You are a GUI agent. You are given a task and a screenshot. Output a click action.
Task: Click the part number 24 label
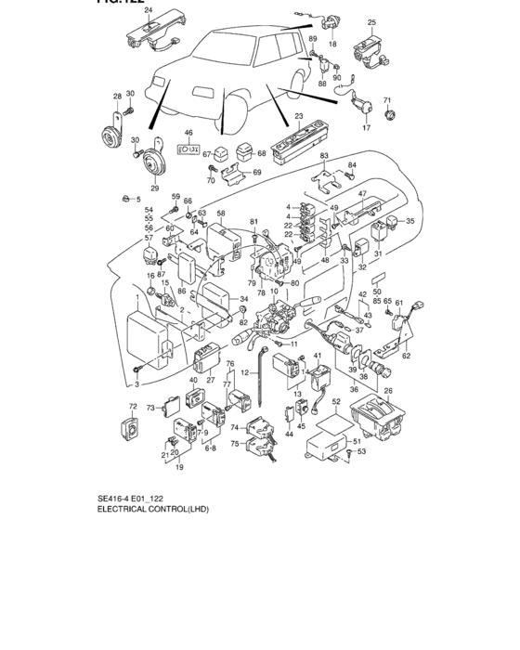tap(148, 10)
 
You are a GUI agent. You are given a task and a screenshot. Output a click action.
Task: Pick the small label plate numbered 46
tap(188, 148)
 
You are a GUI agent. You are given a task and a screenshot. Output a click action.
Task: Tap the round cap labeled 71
tap(389, 114)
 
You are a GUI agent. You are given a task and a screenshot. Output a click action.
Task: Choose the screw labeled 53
tap(347, 451)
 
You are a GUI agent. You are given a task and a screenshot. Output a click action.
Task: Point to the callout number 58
tap(221, 214)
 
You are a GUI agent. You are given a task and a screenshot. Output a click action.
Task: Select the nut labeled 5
tap(123, 198)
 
